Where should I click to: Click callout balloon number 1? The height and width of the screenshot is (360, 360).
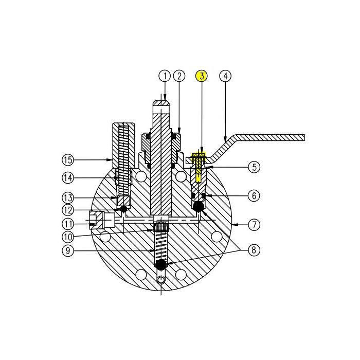(164, 76)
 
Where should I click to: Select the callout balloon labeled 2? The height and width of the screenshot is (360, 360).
(179, 76)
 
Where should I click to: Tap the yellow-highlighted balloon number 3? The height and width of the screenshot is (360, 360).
(202, 76)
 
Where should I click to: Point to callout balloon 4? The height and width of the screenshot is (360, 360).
(225, 76)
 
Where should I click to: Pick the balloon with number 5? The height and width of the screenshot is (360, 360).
(254, 167)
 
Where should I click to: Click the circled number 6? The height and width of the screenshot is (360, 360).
(254, 195)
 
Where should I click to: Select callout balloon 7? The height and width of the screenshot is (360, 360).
(254, 225)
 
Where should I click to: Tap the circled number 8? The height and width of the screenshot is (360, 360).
(254, 250)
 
